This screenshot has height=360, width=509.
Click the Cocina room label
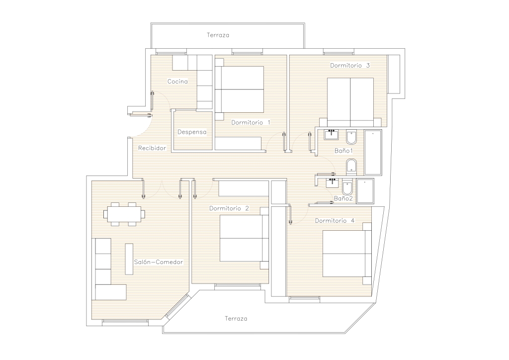coord(177,82)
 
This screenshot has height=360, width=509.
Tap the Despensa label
coord(192,132)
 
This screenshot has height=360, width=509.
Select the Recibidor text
coord(152,148)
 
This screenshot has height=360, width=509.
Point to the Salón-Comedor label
coord(159,262)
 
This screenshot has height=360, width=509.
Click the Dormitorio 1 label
coord(251,122)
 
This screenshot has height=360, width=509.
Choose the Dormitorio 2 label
coord(229,208)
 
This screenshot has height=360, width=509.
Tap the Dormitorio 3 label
coord(350,65)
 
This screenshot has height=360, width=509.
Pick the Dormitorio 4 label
coord(335,221)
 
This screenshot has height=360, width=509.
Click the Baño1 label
coord(343,151)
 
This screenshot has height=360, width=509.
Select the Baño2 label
coord(343,198)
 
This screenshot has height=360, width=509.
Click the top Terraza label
coord(218,35)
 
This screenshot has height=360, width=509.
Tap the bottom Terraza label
coord(236,318)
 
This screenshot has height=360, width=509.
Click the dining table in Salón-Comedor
coord(124,214)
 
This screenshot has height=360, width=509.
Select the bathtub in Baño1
coord(373,152)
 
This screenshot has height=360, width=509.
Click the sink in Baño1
coord(332,134)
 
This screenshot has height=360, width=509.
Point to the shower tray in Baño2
coord(365,191)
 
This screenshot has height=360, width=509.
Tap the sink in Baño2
coord(332,183)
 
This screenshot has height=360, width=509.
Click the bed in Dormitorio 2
coord(244,238)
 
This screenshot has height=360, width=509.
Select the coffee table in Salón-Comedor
coord(129,259)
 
